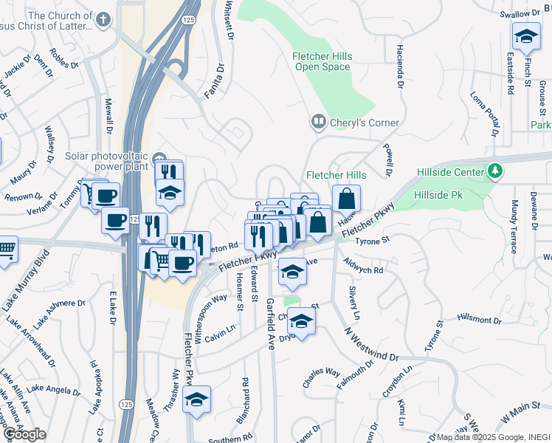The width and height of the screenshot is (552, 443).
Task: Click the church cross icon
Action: (x=104, y=19)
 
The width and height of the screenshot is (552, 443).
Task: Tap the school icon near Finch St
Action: (x=525, y=36)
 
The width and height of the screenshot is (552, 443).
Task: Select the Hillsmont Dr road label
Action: (x=479, y=320)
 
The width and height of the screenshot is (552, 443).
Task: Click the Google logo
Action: (x=24, y=434)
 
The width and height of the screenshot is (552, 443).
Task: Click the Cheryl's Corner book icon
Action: (x=318, y=120)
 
